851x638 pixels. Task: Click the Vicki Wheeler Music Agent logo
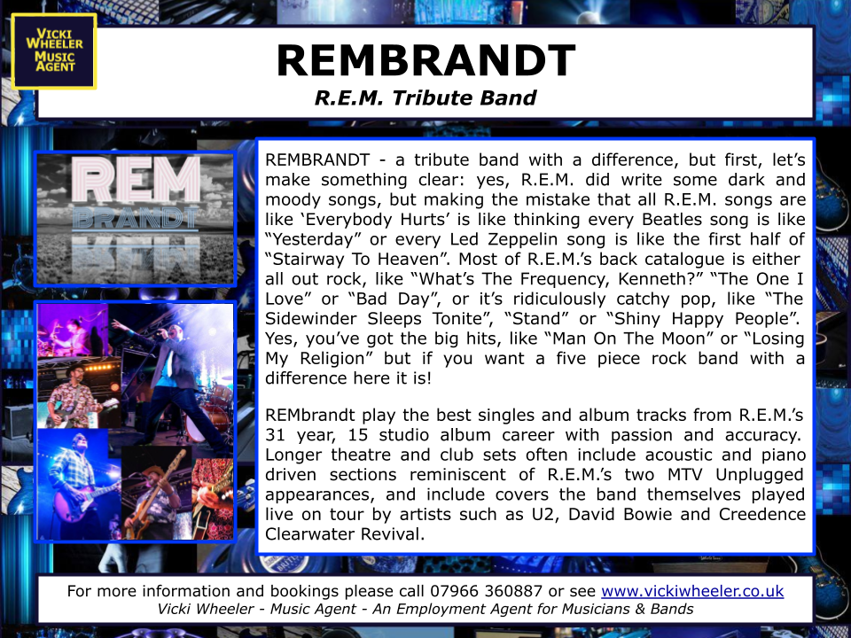coord(54,51)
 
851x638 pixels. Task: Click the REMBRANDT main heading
coord(426,60)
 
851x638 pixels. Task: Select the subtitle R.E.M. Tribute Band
coord(425,97)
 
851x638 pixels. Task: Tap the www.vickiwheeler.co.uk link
coord(692,591)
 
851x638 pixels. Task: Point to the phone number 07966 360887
coord(487,590)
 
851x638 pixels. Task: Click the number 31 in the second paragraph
coord(275,435)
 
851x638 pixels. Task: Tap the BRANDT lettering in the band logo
coord(136,218)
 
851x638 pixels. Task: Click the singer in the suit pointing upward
coord(174,380)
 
